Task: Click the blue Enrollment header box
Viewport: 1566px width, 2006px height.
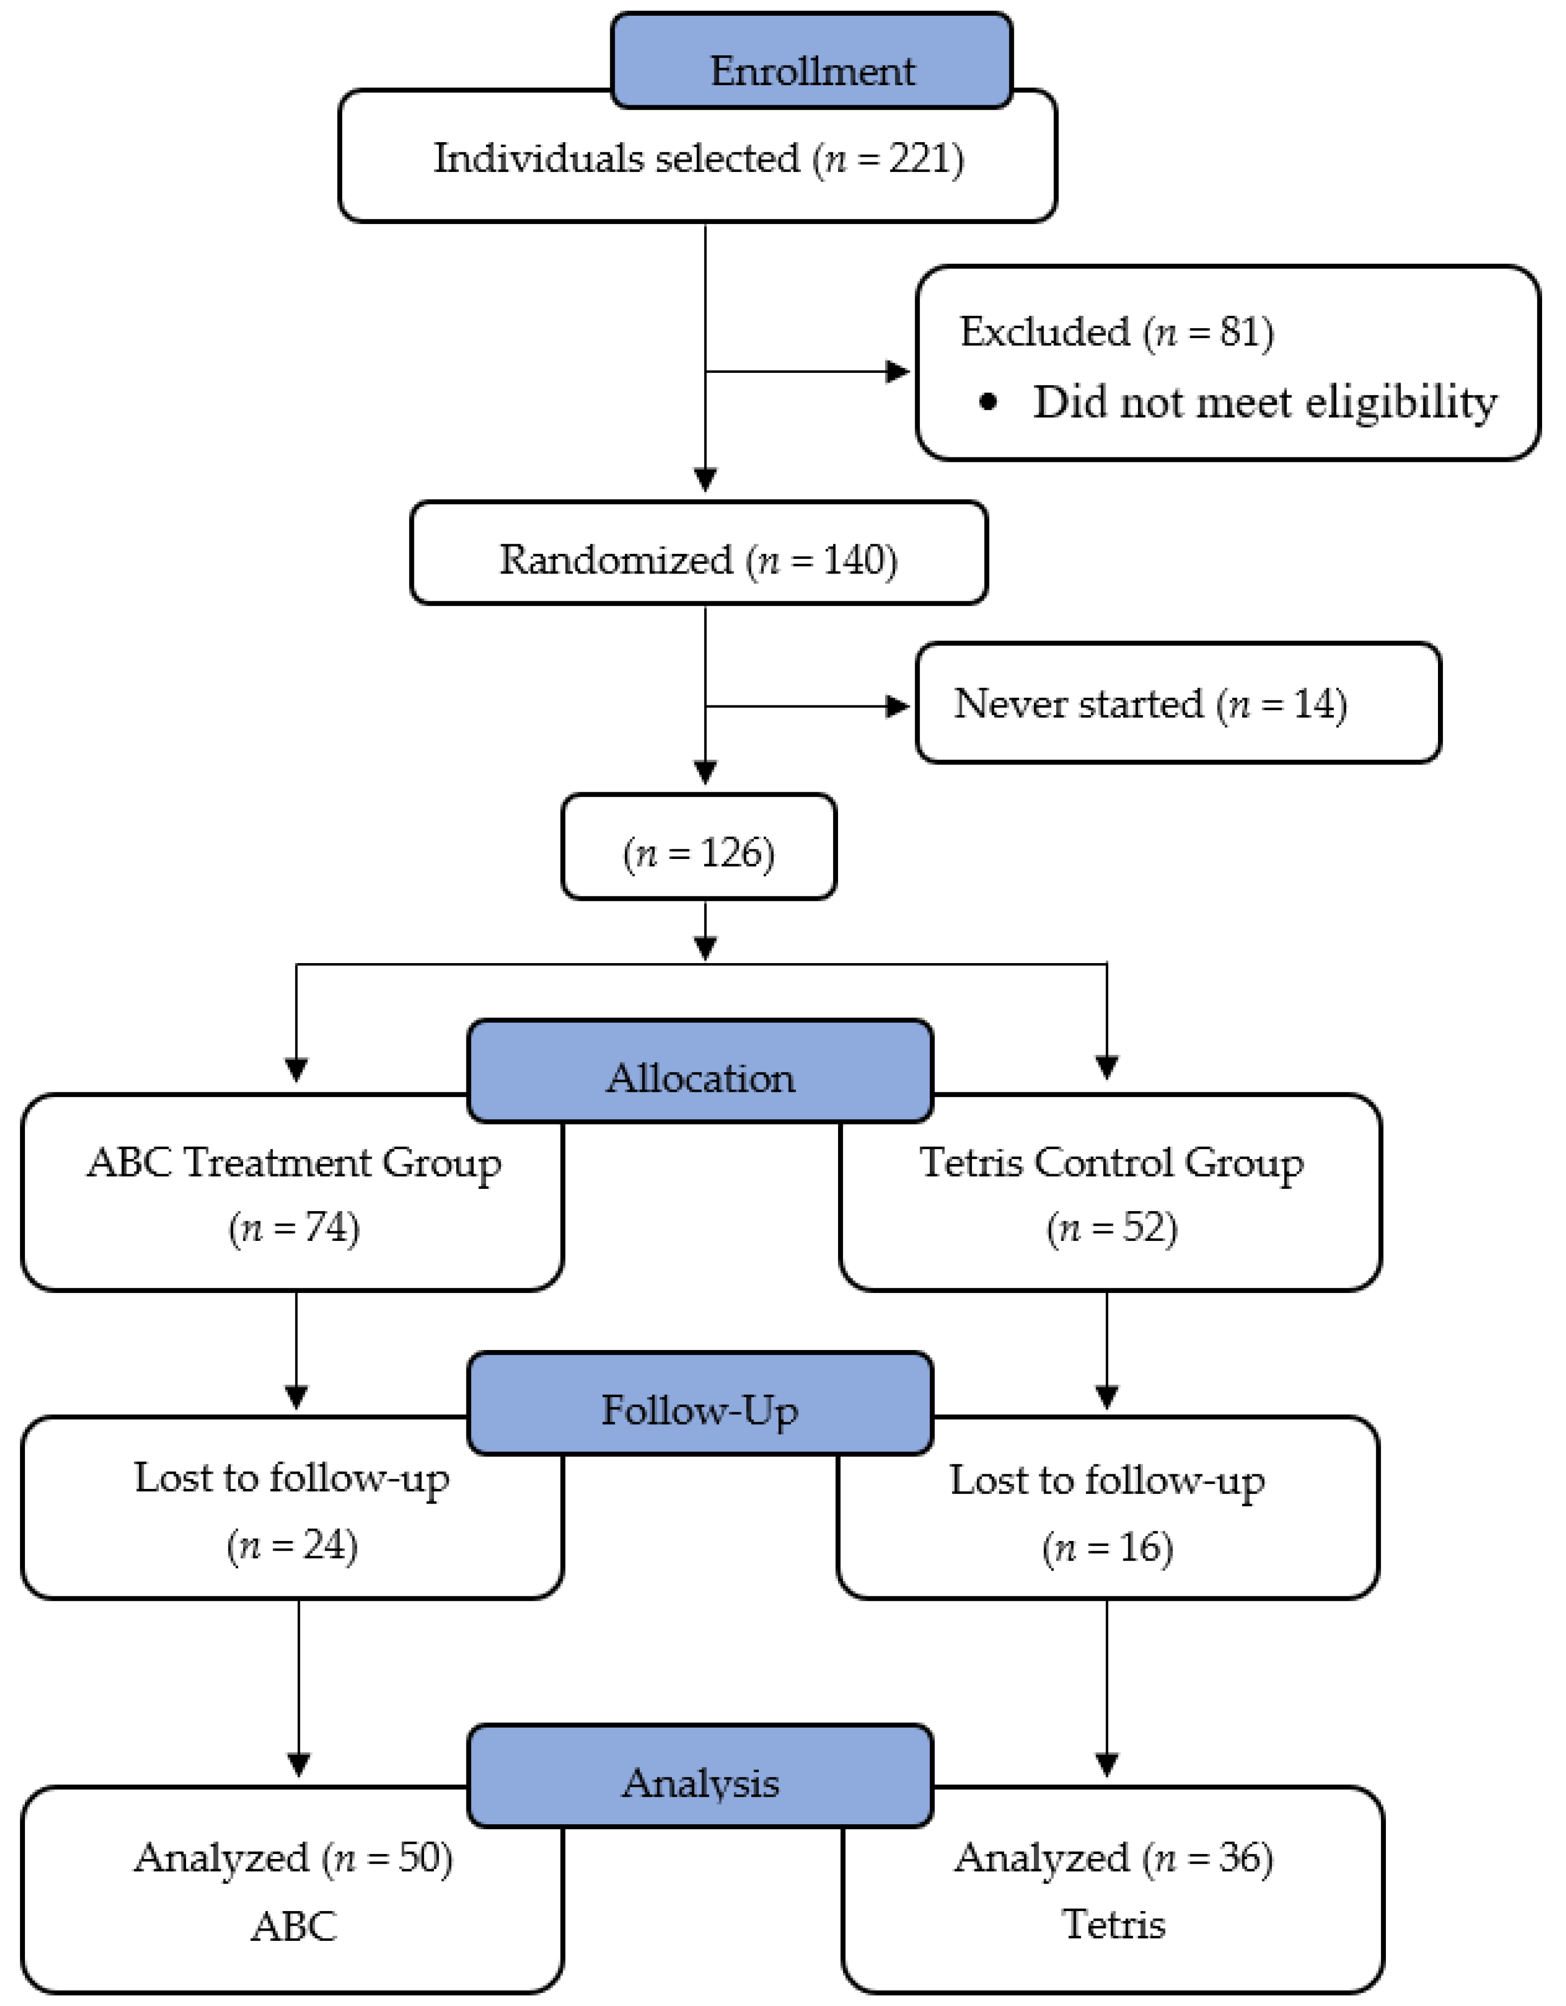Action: [812, 61]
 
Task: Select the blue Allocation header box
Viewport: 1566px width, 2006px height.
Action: [701, 1071]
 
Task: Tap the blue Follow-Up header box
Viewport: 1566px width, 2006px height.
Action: [701, 1404]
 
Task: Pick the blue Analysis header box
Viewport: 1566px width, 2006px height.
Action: [701, 1775]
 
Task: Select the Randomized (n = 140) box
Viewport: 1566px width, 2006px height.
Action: [699, 553]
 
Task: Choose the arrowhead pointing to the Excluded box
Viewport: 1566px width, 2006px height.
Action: [897, 372]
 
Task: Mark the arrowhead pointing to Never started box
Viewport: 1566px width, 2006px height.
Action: [897, 706]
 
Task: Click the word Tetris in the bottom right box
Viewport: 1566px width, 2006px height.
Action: [1113, 1924]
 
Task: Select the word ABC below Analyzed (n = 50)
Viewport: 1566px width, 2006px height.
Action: [294, 1926]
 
